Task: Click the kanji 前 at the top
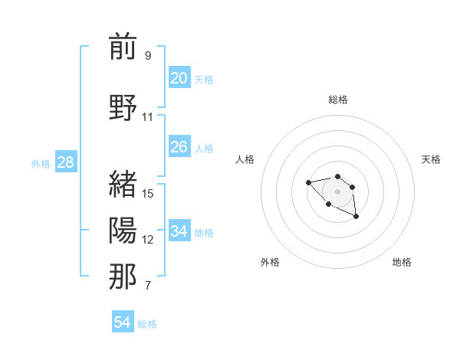[x=123, y=47]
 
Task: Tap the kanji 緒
[x=123, y=184]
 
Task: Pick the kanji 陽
[x=123, y=230]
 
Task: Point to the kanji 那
[x=123, y=277]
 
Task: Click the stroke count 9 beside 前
[x=148, y=56]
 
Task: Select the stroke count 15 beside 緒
[x=148, y=193]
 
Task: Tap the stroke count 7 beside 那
[x=148, y=286]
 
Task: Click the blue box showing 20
[x=179, y=77]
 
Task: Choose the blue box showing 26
[x=179, y=146]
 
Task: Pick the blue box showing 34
[x=179, y=231]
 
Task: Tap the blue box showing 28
[x=65, y=162]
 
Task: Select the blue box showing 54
[x=122, y=322]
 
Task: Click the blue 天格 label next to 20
[x=204, y=79]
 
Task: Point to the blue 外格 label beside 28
[x=41, y=163]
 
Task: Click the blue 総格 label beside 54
[x=147, y=324]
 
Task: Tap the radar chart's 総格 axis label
[x=338, y=100]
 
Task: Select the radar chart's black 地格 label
[x=402, y=262]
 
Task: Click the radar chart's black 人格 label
[x=245, y=159]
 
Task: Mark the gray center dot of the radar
[x=337, y=191]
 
